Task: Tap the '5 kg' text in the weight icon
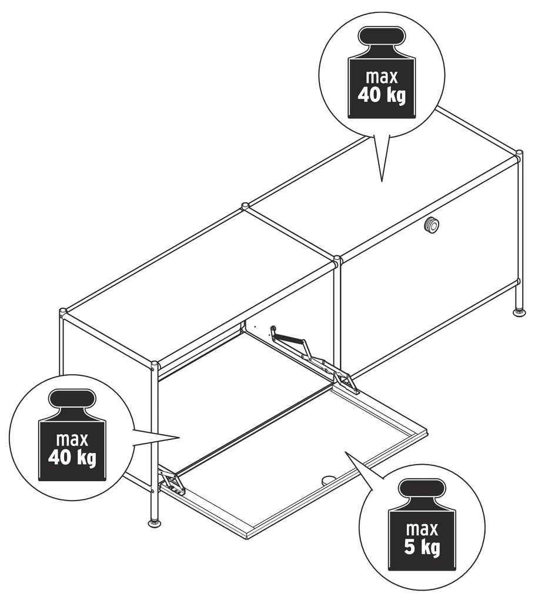(x=422, y=547)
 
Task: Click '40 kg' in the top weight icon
(x=382, y=95)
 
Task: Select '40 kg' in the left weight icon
(x=72, y=457)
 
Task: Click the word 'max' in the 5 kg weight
(x=422, y=529)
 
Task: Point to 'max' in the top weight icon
(x=382, y=77)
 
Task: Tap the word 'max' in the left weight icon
(x=72, y=439)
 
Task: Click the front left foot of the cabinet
(x=155, y=522)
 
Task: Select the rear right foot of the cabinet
(x=519, y=312)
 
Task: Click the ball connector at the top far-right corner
(x=519, y=155)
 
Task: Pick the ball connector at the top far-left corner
(x=63, y=312)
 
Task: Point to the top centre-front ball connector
(x=337, y=260)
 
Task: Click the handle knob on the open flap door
(x=327, y=479)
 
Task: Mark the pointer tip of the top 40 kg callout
(x=382, y=181)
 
